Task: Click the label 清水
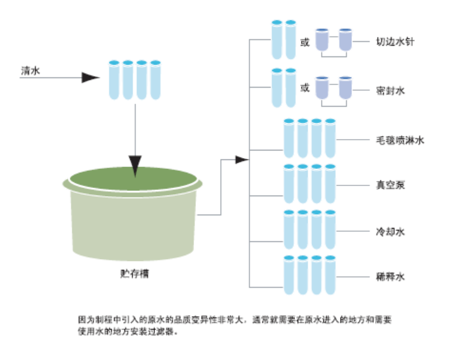pyautogui.click(x=30, y=71)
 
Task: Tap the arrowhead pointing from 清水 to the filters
pyautogui.click(x=91, y=77)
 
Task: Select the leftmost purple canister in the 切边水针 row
pyautogui.click(x=322, y=40)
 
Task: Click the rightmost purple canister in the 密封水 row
pyautogui.click(x=345, y=88)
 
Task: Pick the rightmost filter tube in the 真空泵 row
pyautogui.click(x=330, y=185)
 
